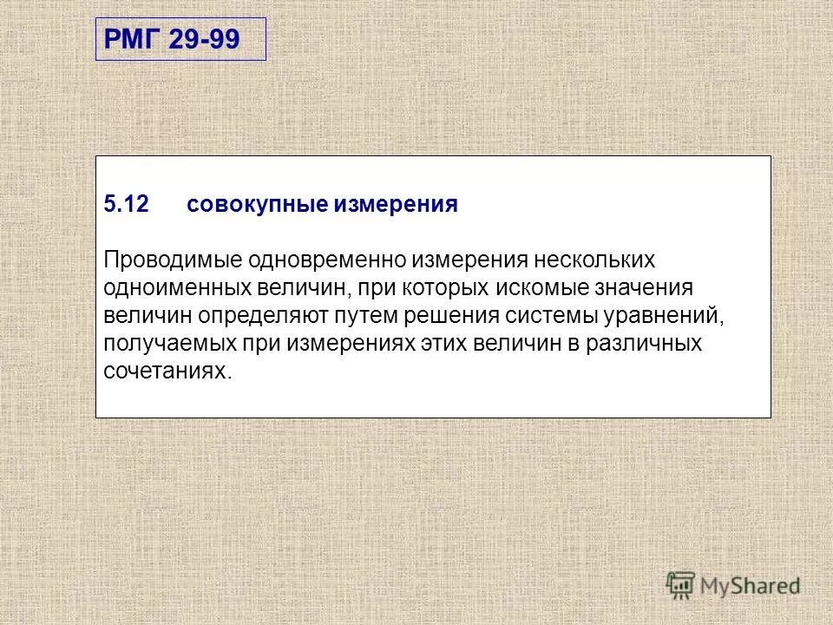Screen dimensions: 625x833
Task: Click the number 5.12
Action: tap(127, 205)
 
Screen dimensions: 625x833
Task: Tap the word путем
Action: tap(362, 316)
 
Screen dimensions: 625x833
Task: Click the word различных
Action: tap(644, 344)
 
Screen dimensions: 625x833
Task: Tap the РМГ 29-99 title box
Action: tap(180, 40)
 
